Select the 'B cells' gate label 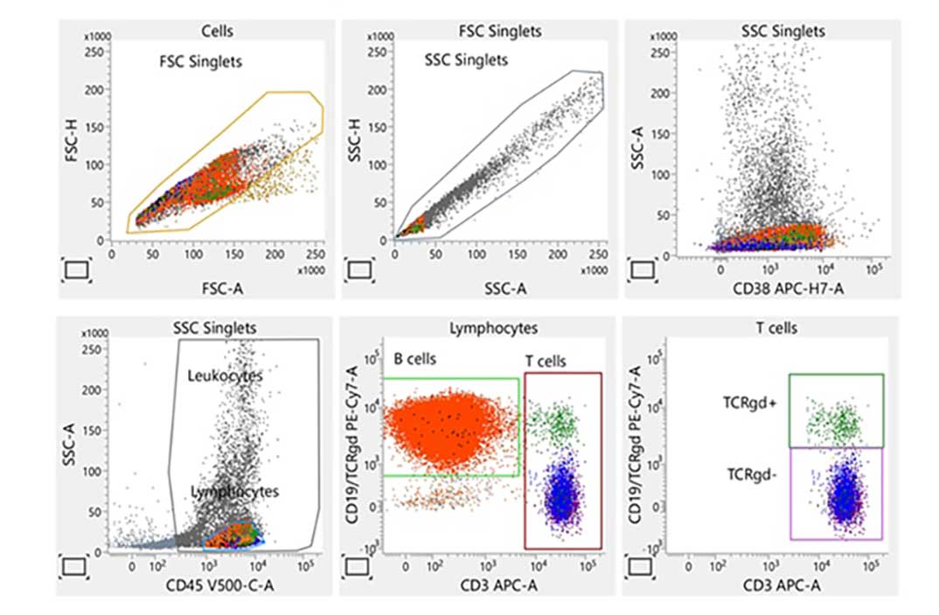click(414, 360)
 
